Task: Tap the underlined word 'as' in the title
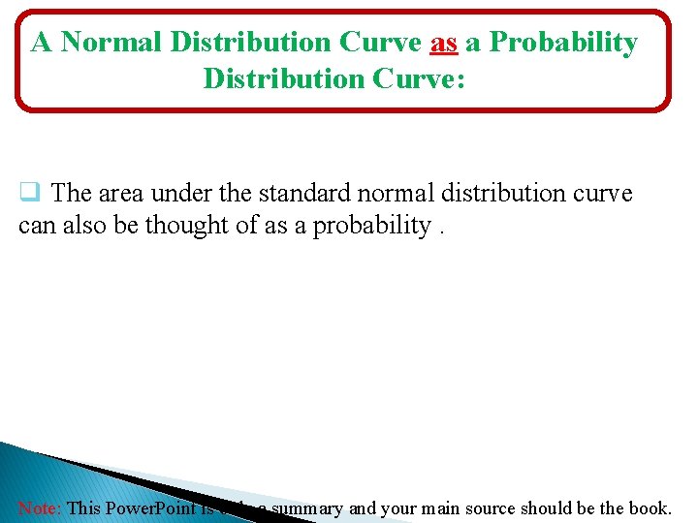pos(443,43)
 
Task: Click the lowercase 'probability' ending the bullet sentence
pos(371,225)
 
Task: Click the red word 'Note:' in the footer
pos(40,508)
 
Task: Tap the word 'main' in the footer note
pos(418,508)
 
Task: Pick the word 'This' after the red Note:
pos(83,508)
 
